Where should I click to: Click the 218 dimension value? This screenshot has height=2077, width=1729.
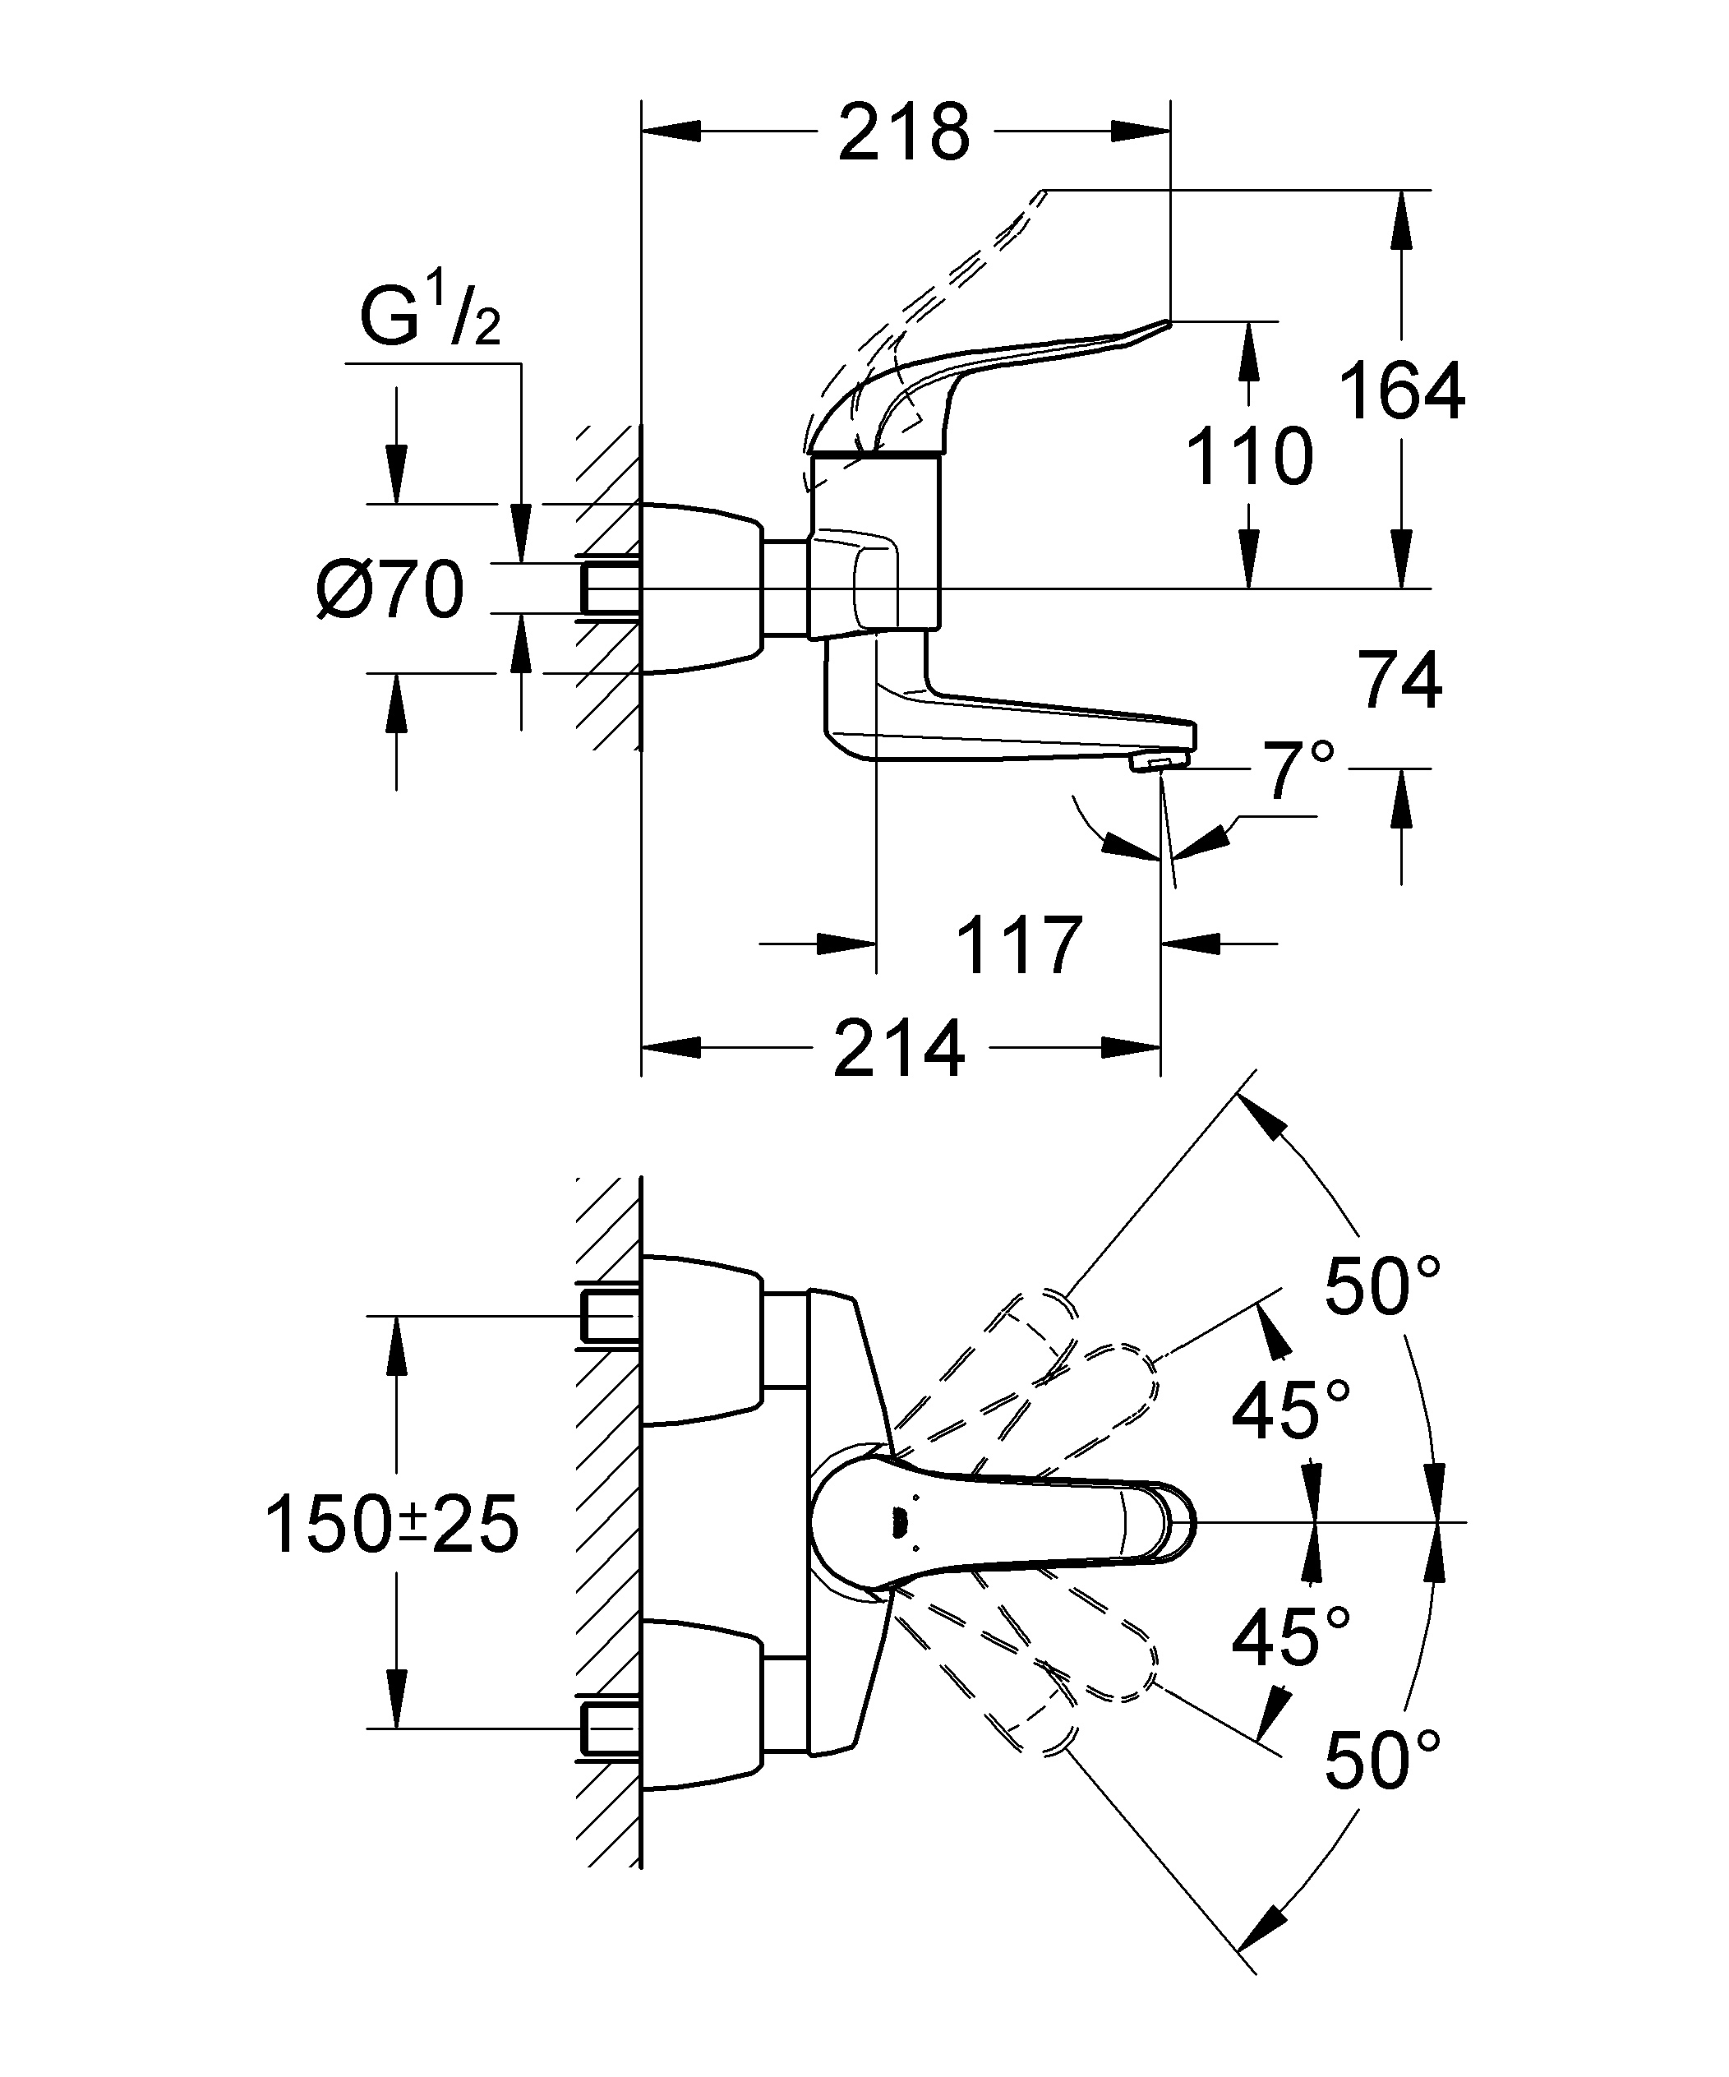coord(904,132)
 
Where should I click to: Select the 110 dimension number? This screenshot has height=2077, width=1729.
coord(1249,456)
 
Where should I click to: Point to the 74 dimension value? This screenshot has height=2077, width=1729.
coord(1399,681)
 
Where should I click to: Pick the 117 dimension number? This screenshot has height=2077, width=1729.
coord(1020,945)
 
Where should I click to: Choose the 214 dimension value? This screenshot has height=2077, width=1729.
coord(899,1049)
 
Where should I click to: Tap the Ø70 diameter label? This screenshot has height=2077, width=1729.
coord(390,589)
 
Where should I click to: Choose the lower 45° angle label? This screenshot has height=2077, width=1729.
coord(1291,1638)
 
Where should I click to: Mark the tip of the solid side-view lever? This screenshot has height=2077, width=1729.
coord(1169,321)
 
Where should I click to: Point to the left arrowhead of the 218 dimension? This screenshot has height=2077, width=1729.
coord(671,132)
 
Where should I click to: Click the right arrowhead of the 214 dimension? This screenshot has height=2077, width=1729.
coord(1131,1049)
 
